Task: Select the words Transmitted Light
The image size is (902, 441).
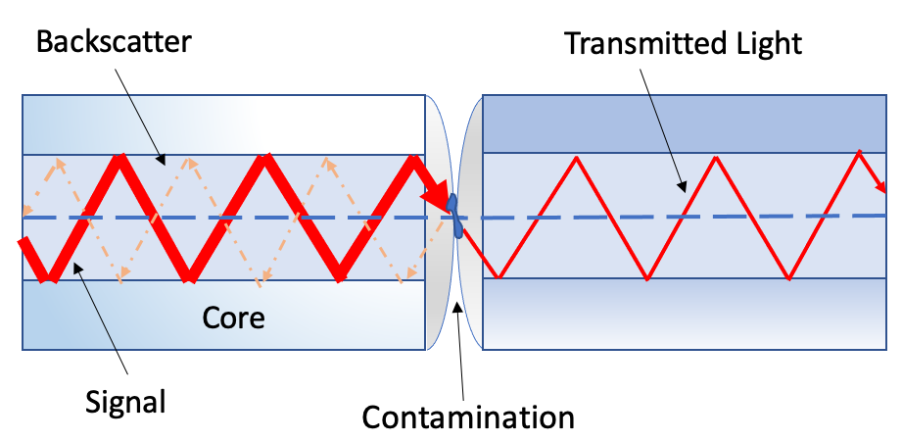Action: click(x=683, y=42)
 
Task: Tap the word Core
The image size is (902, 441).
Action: click(x=233, y=318)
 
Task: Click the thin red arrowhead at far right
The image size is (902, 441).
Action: click(x=878, y=185)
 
